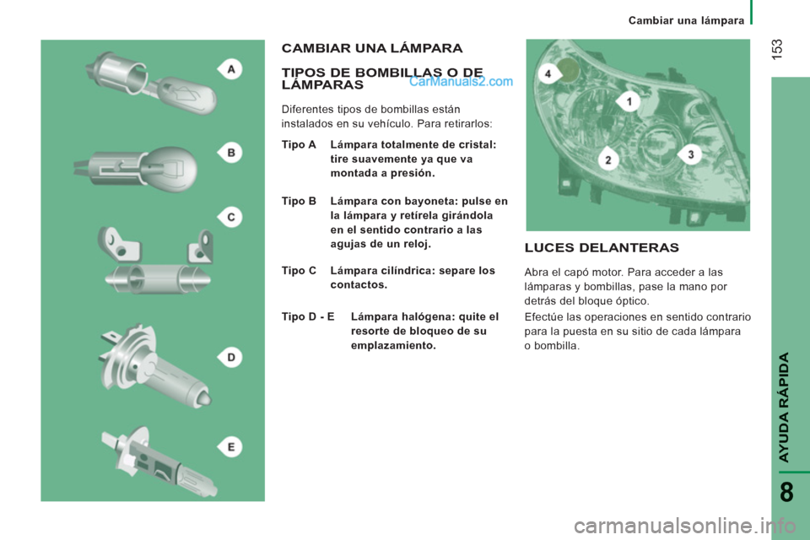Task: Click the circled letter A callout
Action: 230,68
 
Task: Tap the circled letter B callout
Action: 230,153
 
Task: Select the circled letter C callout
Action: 230,217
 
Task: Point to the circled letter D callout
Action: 230,357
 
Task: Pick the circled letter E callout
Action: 230,447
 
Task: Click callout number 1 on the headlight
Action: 628,101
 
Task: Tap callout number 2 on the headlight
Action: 608,159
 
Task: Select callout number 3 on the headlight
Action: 690,154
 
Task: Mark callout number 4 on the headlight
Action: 548,73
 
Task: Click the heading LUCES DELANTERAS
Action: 602,248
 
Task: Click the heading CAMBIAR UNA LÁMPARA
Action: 372,48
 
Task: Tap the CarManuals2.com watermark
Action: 461,81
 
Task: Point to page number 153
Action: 777,49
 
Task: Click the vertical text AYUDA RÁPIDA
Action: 784,408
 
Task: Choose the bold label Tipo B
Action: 299,201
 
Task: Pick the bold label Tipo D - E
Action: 308,316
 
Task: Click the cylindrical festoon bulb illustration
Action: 158,279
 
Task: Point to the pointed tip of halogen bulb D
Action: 208,399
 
